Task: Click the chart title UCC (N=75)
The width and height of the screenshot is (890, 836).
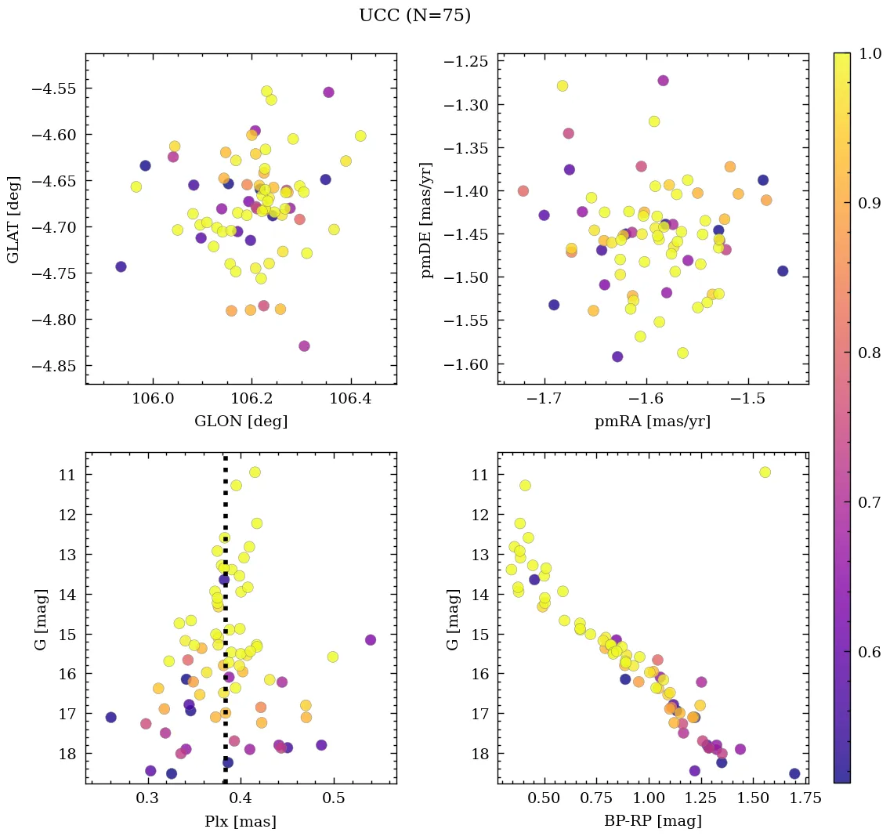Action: [x=414, y=16]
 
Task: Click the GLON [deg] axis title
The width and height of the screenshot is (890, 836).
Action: [x=241, y=422]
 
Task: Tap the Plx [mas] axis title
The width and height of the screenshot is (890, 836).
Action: [x=241, y=821]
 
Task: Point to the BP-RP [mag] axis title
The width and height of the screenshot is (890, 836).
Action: [x=652, y=821]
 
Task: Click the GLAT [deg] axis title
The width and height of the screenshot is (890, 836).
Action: [x=14, y=219]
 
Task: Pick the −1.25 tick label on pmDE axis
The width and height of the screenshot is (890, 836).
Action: [x=466, y=62]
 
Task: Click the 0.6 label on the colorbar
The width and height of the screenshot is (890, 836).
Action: [x=866, y=652]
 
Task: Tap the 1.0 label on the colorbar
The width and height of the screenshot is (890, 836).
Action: [x=866, y=53]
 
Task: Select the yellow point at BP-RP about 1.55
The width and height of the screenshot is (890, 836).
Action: [x=765, y=472]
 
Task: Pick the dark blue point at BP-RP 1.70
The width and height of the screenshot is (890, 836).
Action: [x=794, y=773]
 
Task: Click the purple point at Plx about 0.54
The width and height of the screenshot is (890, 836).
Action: [x=371, y=639]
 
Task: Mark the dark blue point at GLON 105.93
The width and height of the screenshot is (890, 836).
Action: [x=121, y=266]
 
